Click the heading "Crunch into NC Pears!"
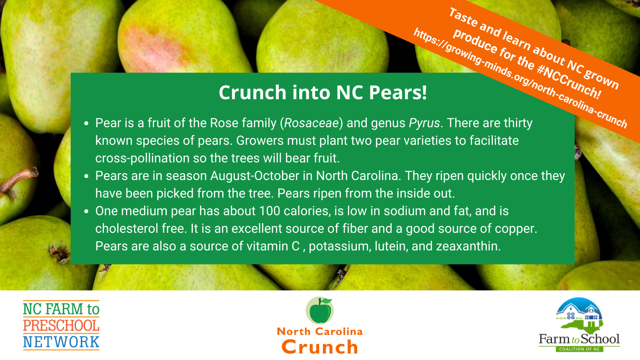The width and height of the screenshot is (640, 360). coord(323,92)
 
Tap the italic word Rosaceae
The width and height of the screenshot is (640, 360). coord(312,123)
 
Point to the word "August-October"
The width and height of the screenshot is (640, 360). coord(255,176)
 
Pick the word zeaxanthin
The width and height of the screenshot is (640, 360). coord(468,246)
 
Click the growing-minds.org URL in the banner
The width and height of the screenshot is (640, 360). coord(520,78)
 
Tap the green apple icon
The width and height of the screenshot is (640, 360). coord(320,310)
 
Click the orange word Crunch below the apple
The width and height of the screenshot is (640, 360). coord(320,347)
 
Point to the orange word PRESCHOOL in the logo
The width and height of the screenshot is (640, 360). coord(61,326)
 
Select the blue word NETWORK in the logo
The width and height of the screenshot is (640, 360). coord(61,342)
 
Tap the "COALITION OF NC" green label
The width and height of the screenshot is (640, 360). coord(580,349)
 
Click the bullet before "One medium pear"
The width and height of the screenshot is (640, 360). coord(86,212)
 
